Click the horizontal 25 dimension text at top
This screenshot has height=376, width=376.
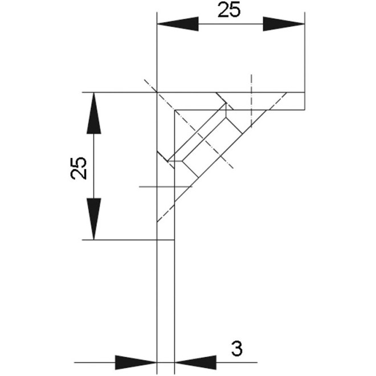coord(229,11)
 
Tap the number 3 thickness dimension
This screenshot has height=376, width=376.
coord(237,347)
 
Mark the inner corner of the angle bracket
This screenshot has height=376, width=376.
coord(174,109)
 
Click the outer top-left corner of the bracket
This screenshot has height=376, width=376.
coord(157,92)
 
